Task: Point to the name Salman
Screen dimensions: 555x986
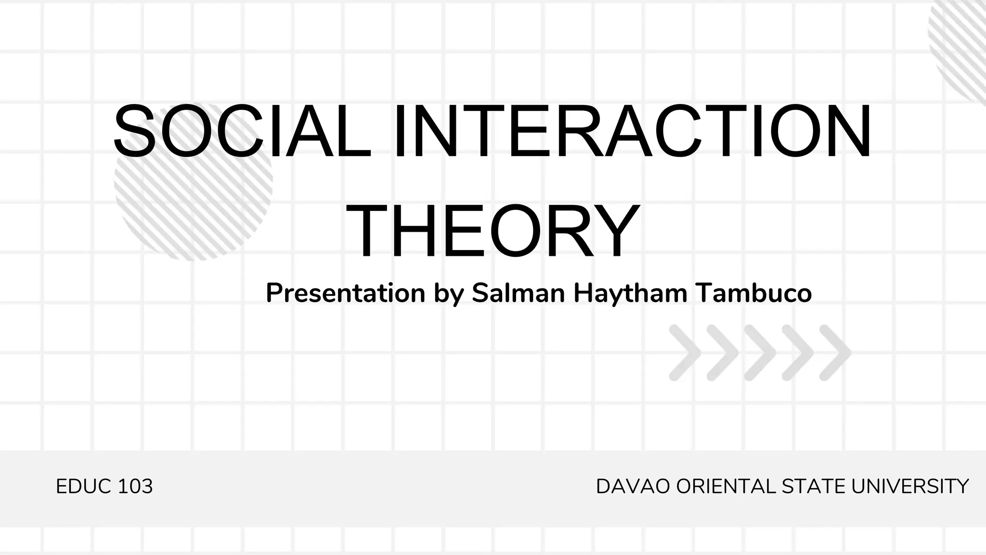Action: (518, 293)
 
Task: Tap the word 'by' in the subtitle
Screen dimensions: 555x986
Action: (448, 293)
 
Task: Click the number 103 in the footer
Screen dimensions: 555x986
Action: (135, 487)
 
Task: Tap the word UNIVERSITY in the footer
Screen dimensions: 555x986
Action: (910, 487)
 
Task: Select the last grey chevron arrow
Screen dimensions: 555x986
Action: (835, 353)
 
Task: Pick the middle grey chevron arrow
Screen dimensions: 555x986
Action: (760, 353)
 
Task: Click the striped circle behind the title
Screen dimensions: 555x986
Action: (193, 202)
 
